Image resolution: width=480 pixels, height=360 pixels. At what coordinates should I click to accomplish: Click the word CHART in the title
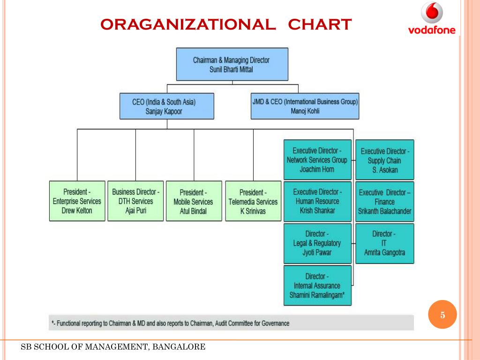[320, 24]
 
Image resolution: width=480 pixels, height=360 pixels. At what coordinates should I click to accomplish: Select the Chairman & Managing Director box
[232, 64]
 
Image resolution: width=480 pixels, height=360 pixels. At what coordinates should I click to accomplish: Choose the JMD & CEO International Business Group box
[305, 105]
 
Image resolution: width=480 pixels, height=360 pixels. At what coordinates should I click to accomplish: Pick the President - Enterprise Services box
[77, 201]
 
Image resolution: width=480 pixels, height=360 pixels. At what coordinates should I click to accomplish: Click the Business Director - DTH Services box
[135, 201]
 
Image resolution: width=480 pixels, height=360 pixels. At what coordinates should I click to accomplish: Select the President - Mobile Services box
[193, 201]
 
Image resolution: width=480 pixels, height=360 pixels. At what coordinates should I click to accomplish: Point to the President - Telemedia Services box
[253, 201]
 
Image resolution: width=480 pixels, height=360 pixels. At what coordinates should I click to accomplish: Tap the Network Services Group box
[317, 160]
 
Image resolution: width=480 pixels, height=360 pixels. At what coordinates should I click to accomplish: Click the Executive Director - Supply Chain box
[385, 160]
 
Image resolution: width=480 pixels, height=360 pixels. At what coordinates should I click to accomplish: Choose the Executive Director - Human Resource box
[317, 201]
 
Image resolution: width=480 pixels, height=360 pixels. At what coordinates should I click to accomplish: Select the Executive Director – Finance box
[385, 202]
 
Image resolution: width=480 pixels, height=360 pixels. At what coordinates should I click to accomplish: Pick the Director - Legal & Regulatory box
[317, 243]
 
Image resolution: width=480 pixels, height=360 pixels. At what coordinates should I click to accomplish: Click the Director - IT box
[384, 243]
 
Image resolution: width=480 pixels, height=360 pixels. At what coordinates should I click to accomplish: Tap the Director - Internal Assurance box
[317, 285]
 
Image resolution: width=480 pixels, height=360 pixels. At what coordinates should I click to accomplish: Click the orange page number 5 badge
[442, 315]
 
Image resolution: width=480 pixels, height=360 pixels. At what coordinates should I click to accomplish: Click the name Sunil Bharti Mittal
[232, 69]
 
